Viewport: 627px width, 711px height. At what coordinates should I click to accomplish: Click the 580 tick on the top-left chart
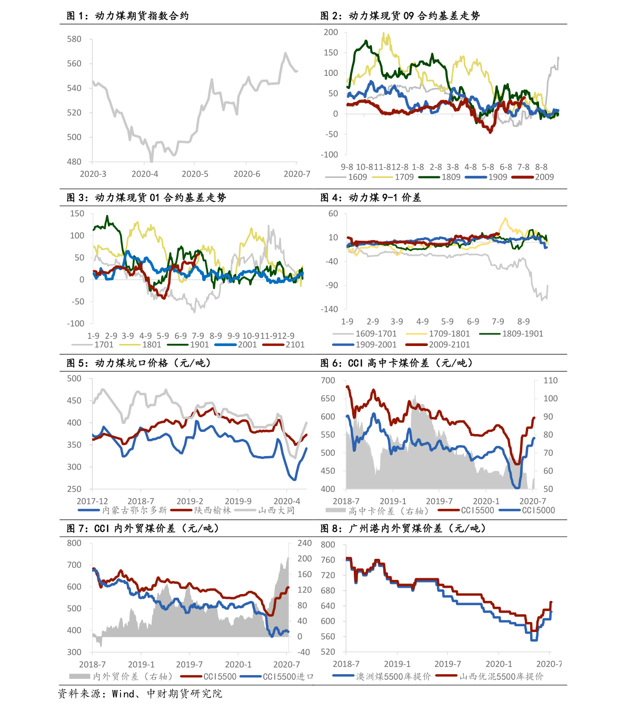pyautogui.click(x=74, y=39)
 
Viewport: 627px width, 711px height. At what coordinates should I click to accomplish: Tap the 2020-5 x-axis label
pyautogui.click(x=195, y=174)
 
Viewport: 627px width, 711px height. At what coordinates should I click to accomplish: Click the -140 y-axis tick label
pyautogui.click(x=330, y=309)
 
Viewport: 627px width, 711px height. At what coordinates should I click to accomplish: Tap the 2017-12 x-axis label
pyautogui.click(x=92, y=501)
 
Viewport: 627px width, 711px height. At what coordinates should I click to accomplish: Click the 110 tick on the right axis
pyautogui.click(x=551, y=380)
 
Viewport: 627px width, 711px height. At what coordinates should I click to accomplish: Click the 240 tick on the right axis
pyautogui.click(x=305, y=543)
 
